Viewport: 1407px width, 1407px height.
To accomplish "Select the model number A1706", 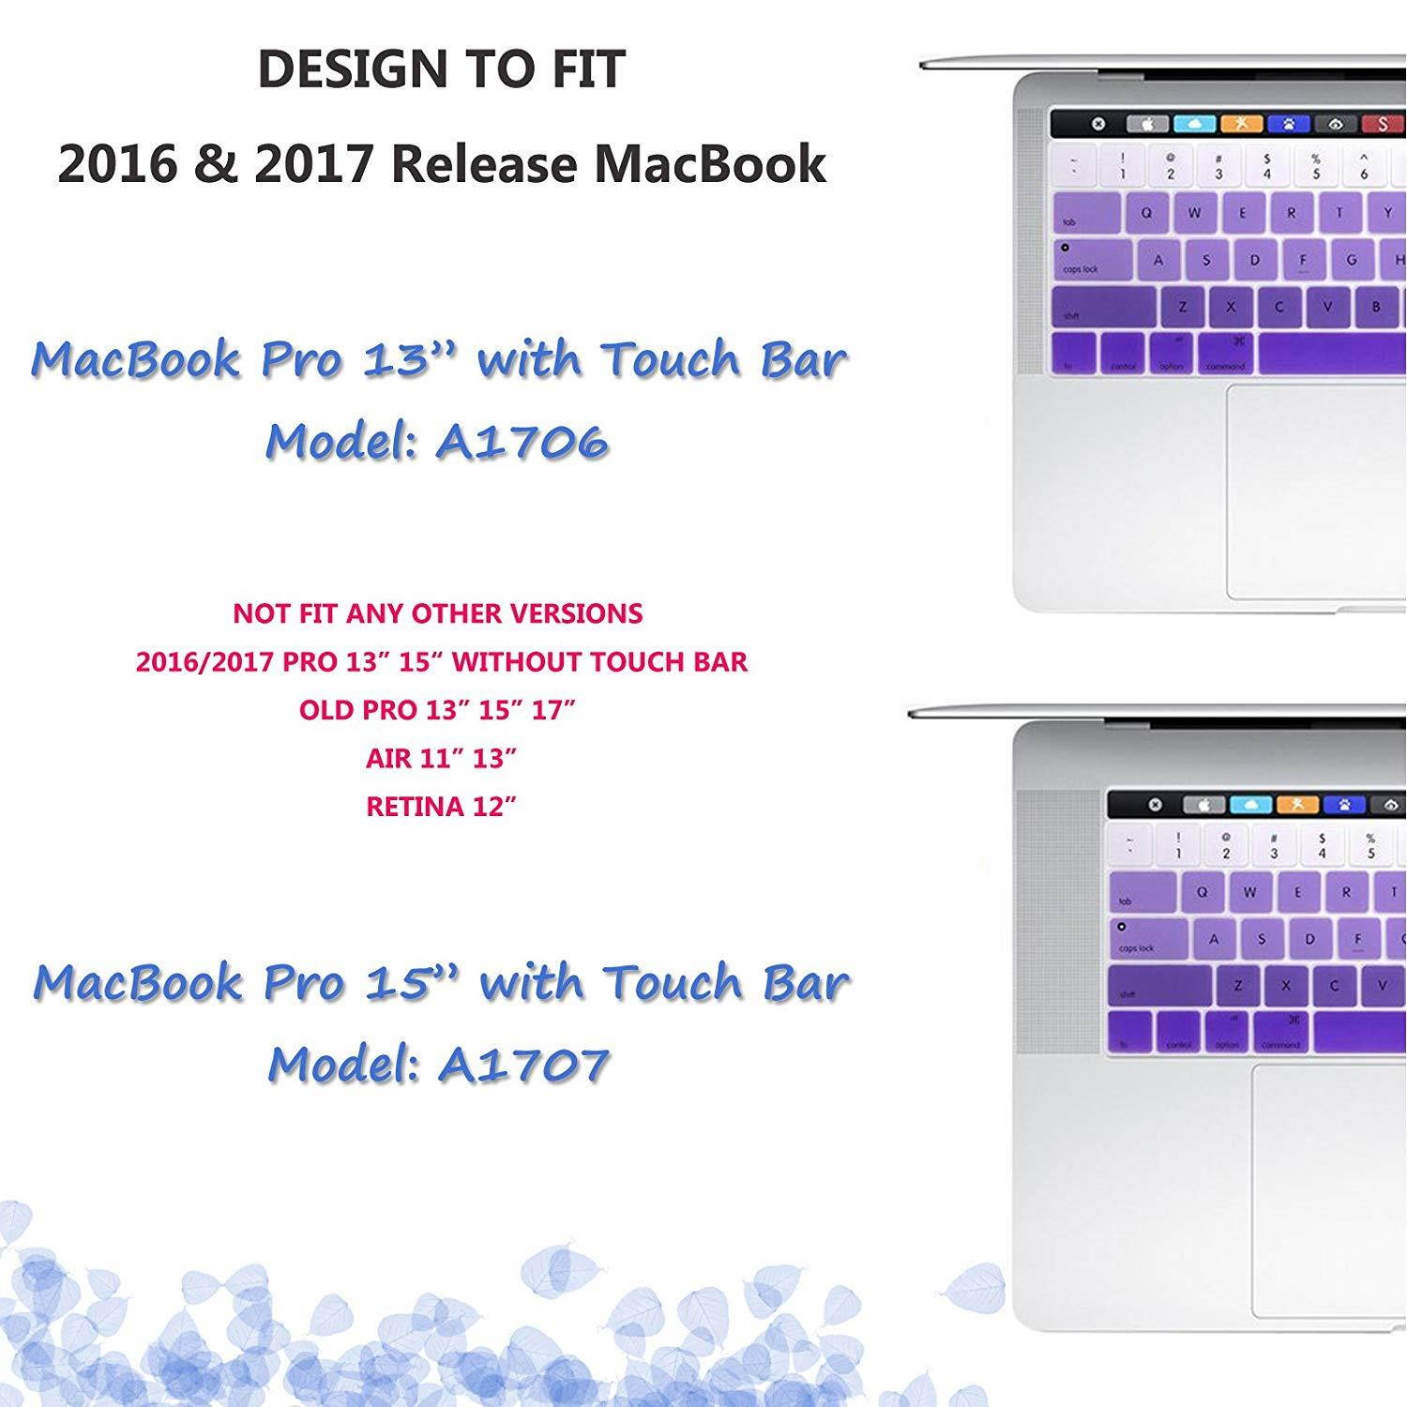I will (522, 441).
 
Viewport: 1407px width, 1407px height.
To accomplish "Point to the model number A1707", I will (523, 1064).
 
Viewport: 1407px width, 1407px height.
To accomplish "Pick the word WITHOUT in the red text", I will (518, 662).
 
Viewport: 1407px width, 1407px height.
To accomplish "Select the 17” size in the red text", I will (552, 710).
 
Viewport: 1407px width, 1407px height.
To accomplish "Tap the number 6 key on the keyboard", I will (1364, 167).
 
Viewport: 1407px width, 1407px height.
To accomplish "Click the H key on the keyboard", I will (1399, 260).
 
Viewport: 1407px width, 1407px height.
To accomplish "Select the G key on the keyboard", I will (1352, 260).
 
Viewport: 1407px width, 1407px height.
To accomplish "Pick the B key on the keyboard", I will (1375, 306).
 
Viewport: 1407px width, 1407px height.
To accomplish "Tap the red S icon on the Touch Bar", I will (1383, 124).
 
